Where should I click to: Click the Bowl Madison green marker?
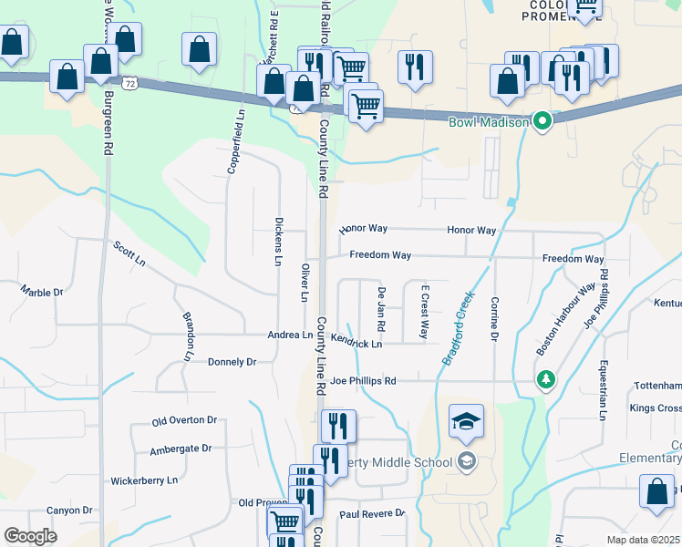tap(543, 121)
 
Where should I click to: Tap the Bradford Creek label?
tap(460, 327)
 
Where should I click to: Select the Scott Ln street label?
tap(129, 253)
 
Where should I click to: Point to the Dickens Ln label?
tap(278, 242)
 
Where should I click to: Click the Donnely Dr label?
tap(232, 362)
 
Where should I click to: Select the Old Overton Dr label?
tap(184, 420)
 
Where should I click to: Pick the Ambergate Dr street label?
tap(181, 449)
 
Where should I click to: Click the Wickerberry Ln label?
tap(144, 479)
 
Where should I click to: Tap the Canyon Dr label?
tap(70, 511)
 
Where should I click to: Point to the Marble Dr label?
tap(42, 292)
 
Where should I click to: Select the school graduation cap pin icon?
tap(466, 422)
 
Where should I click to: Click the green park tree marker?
tap(545, 378)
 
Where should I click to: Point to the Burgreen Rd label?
tap(108, 120)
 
